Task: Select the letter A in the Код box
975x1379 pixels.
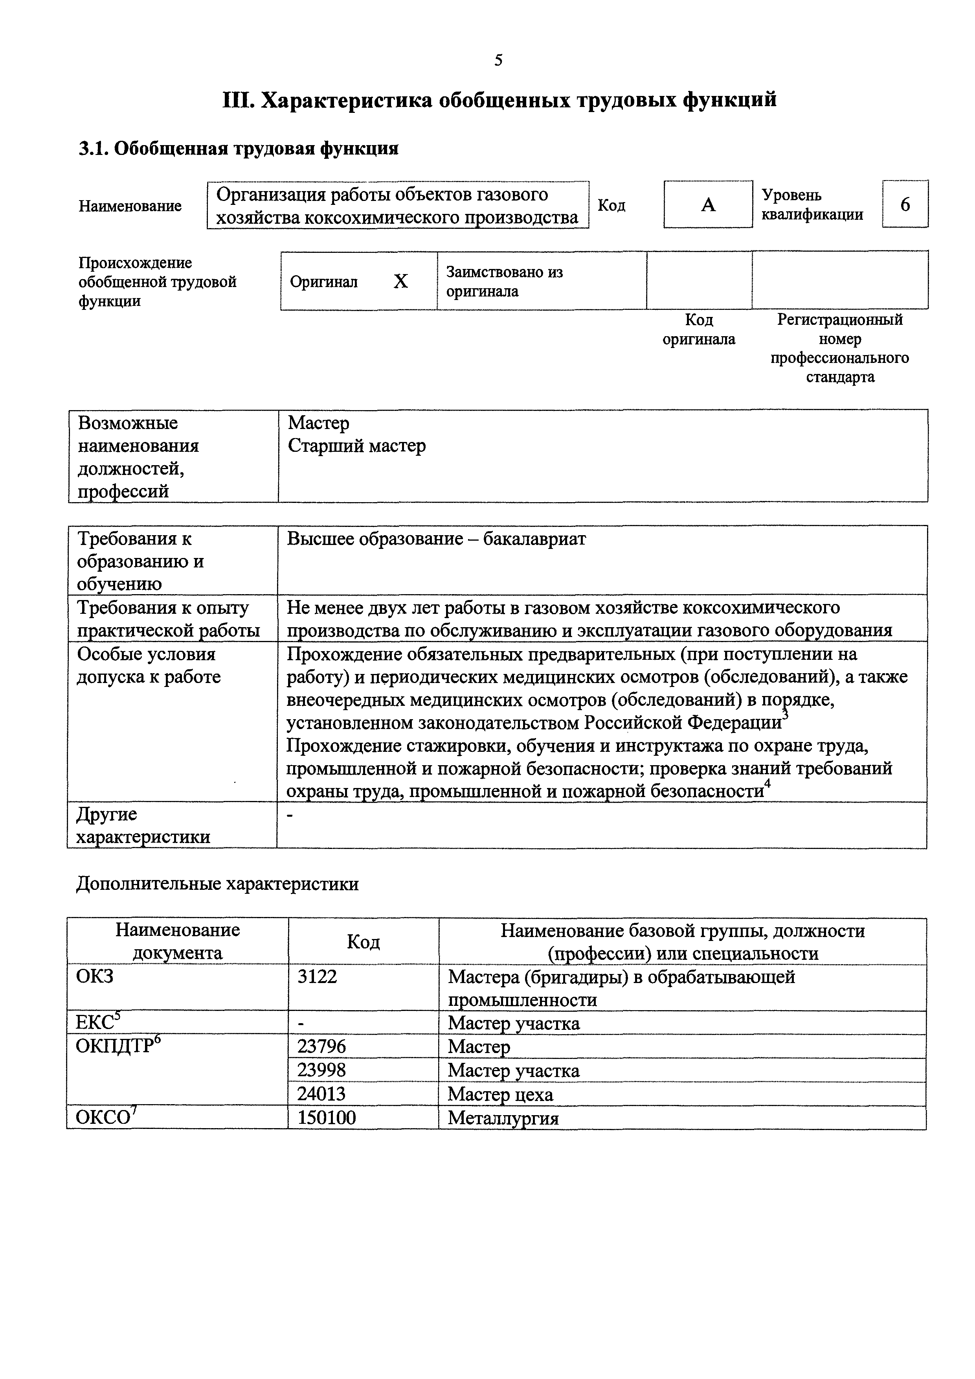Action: coord(709,205)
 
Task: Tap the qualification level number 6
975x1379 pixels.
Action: coord(905,205)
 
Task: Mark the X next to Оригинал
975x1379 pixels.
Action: coord(400,281)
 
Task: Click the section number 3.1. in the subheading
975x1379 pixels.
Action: coord(93,148)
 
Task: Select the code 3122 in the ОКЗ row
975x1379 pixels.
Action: coord(317,977)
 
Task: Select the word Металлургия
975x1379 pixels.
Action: coord(503,1118)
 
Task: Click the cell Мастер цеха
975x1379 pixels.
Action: coord(500,1094)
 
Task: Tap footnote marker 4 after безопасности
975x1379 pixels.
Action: coord(767,782)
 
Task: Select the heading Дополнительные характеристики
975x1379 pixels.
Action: coord(217,884)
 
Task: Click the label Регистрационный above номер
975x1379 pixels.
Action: coord(839,320)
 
